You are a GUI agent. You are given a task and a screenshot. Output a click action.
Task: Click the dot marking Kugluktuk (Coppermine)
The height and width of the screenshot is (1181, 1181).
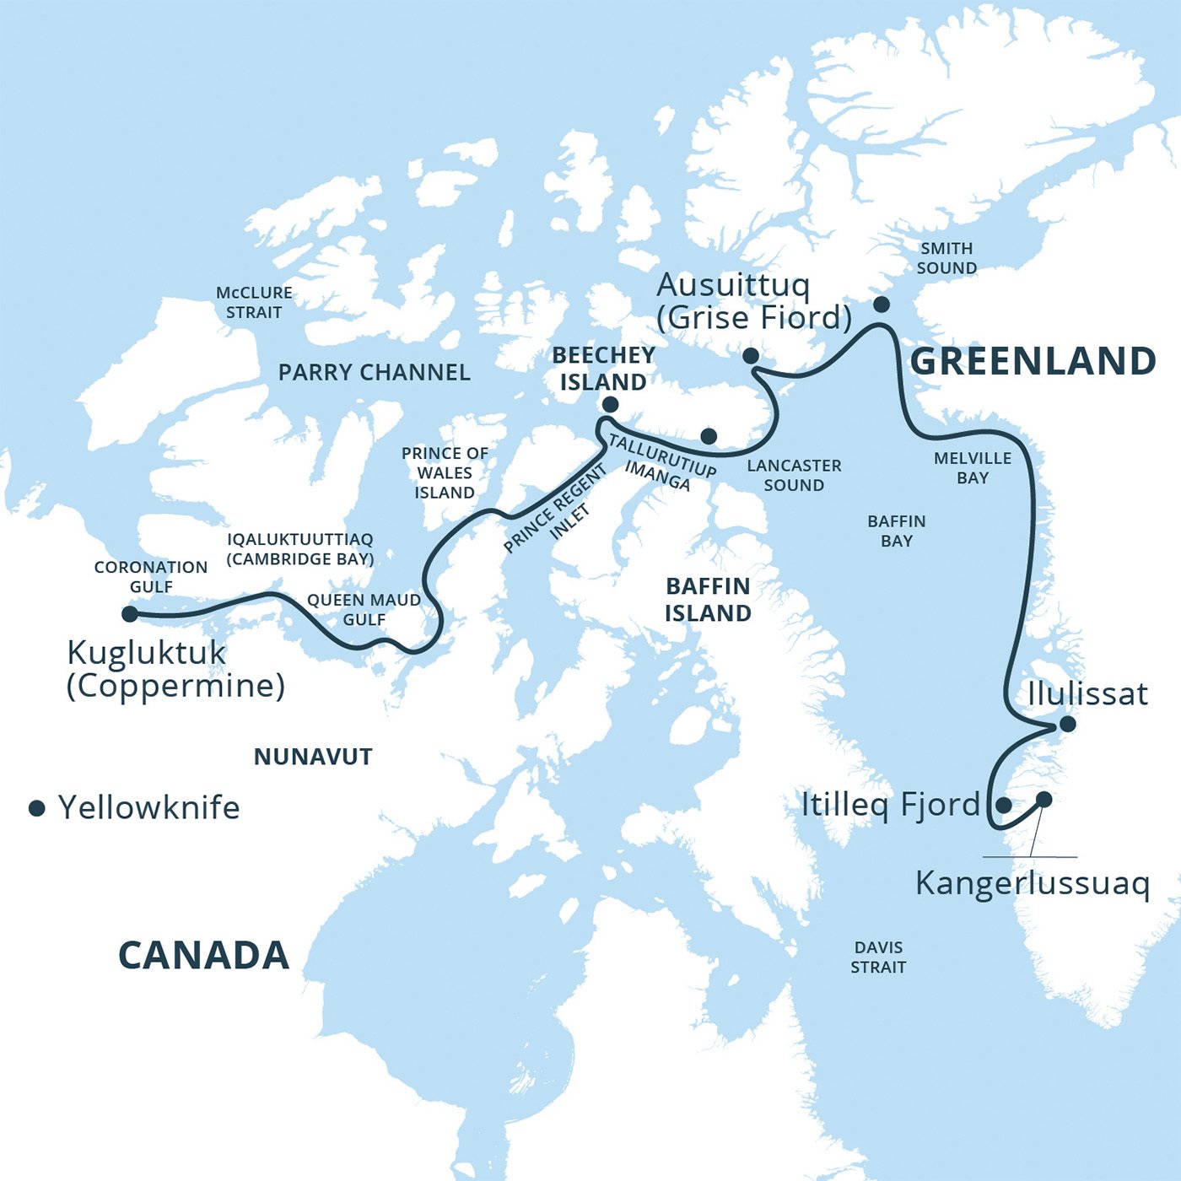coord(130,614)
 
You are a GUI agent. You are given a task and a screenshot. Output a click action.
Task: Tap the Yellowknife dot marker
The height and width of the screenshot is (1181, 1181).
coord(36,808)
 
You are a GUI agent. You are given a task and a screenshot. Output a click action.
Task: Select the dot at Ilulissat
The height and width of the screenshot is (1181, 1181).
coord(1067,724)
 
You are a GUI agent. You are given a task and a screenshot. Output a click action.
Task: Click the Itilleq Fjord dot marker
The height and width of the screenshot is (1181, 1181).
coord(1003,805)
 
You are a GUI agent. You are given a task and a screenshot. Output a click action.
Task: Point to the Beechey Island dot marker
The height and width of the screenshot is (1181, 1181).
coord(610,405)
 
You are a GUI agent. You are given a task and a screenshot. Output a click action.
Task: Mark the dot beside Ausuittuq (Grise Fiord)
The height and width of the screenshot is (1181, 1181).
coord(750,356)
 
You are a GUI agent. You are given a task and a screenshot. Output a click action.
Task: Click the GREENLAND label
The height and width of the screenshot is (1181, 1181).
coord(1033,361)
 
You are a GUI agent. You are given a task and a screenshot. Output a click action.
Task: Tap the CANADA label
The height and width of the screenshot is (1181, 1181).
coord(203,956)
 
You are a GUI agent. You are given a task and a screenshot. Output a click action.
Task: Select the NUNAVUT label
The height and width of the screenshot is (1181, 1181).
coord(313,757)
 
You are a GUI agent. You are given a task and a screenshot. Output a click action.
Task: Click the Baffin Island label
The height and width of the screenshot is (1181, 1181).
coord(708,599)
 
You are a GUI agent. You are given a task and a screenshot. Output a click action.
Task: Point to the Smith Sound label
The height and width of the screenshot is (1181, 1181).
coord(946,258)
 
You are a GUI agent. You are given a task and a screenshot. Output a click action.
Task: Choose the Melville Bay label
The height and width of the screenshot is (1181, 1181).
coord(972,468)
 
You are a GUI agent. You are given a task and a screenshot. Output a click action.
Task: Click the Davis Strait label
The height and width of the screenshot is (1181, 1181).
coord(878,957)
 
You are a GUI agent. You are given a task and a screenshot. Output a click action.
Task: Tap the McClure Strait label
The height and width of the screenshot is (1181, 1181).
coord(254,302)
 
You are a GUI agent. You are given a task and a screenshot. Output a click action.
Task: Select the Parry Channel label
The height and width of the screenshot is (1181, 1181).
coord(374,372)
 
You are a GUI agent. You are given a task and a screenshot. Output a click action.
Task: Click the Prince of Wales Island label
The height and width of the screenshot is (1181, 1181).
coord(445,472)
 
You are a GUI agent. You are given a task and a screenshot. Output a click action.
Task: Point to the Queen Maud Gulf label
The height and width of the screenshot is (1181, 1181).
coord(364,609)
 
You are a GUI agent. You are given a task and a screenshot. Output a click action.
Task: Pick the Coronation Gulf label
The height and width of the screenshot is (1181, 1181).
coord(151,576)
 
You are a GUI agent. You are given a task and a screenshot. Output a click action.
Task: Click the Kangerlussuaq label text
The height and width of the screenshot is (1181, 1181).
coord(1032,883)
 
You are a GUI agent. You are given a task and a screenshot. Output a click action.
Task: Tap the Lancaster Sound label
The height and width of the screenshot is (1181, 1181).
coord(794,475)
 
